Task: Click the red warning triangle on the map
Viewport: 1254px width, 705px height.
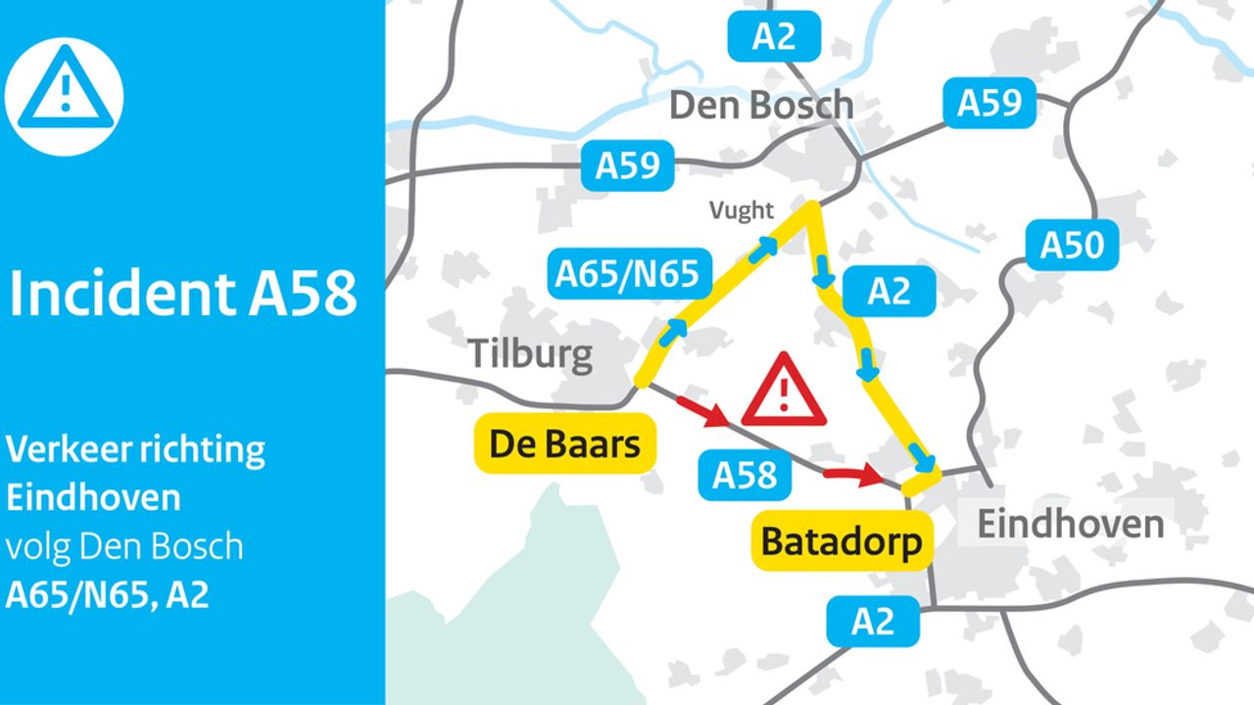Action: click(x=784, y=391)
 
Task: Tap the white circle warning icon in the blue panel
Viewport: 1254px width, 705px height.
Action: click(x=65, y=96)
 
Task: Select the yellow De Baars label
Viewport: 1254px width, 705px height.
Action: click(x=564, y=445)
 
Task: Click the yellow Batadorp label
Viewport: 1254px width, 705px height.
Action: click(x=841, y=541)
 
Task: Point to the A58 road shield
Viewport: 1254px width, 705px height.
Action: click(x=745, y=475)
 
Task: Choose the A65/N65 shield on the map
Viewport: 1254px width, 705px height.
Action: click(x=627, y=273)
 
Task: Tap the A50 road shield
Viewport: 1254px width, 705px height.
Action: click(x=1072, y=245)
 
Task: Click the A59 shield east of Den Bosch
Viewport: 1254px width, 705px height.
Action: click(x=989, y=103)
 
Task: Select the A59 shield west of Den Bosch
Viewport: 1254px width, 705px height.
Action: click(x=628, y=165)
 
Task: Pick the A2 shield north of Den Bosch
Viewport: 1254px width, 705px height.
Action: click(x=773, y=37)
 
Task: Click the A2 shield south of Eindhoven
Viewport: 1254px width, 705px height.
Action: click(x=872, y=622)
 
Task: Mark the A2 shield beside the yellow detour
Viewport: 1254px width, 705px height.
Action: click(x=889, y=291)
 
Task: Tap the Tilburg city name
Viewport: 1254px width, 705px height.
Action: click(x=530, y=353)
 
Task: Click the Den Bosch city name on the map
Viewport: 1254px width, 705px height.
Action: click(x=760, y=105)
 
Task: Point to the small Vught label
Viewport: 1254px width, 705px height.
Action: click(x=742, y=210)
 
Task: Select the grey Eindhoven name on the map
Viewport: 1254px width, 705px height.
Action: click(x=1071, y=524)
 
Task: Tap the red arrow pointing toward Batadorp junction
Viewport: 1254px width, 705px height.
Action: click(x=852, y=476)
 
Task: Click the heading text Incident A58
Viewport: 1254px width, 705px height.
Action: click(x=182, y=294)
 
